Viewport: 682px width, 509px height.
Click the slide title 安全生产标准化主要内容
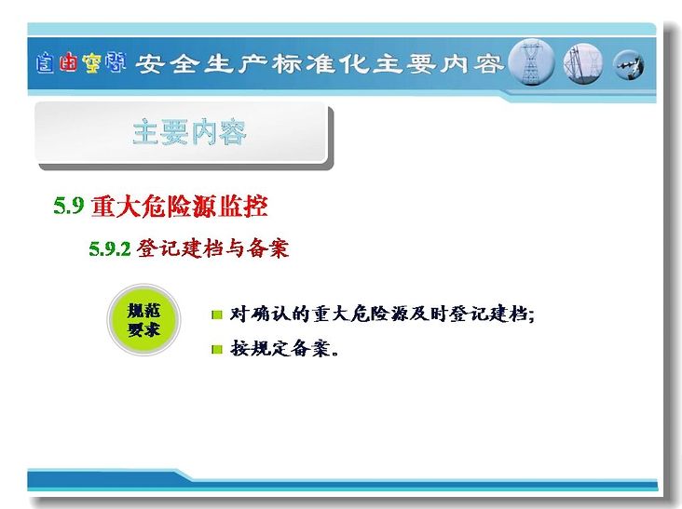tap(320, 64)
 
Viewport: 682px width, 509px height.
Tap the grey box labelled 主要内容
tap(184, 134)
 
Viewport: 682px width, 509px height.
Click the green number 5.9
tap(68, 205)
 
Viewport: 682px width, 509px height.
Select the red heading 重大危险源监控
tap(179, 206)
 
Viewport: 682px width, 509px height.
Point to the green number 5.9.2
tap(110, 248)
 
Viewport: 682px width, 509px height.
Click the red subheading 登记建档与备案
tap(212, 248)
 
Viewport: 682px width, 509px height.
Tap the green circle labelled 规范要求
tap(143, 320)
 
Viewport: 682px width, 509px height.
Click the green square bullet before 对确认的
tap(216, 315)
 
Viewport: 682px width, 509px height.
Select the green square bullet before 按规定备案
tap(216, 349)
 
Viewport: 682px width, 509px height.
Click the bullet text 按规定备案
tap(284, 348)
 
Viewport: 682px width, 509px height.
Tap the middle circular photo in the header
tap(583, 63)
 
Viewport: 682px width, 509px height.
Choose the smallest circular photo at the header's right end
tap(629, 65)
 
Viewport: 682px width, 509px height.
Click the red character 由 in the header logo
tap(68, 62)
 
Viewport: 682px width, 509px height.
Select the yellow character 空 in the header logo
tap(91, 63)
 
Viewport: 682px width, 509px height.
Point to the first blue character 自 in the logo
tap(46, 63)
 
